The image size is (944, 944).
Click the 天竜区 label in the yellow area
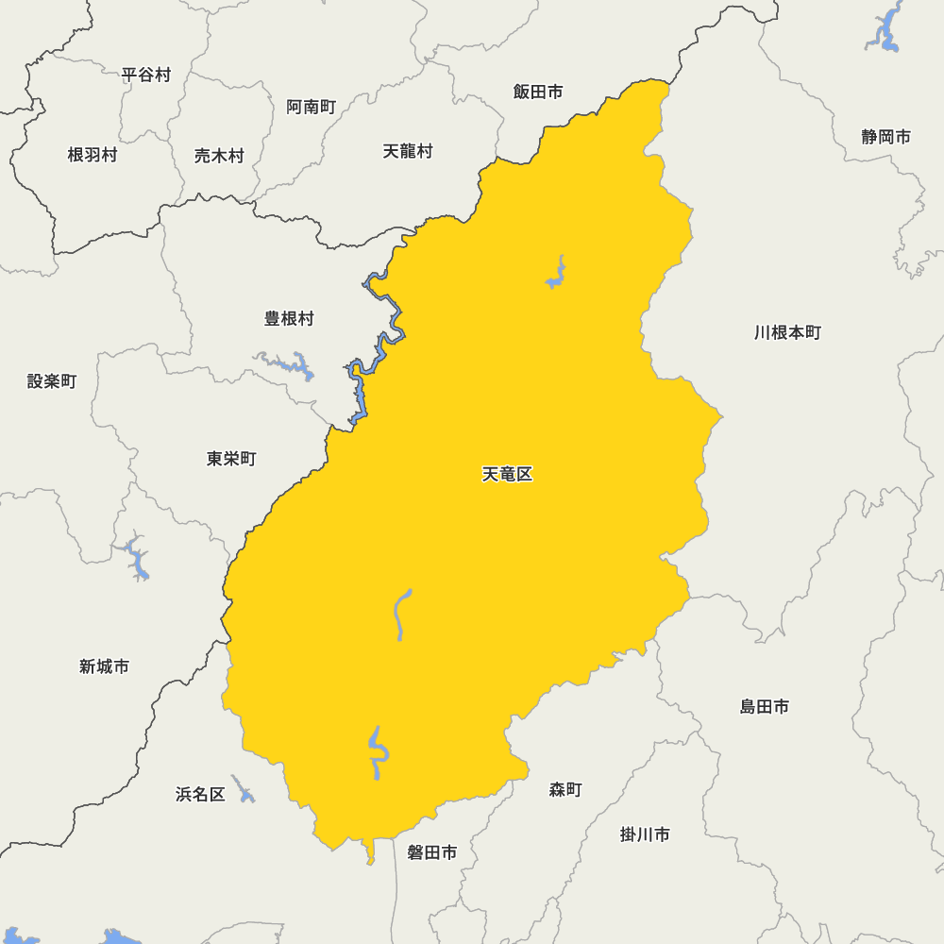click(x=508, y=475)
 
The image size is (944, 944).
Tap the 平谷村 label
click(x=146, y=75)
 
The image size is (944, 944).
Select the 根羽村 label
click(x=93, y=155)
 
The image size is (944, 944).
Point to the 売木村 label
click(x=219, y=156)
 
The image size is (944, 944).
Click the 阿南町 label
click(x=312, y=107)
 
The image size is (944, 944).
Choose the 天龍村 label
click(x=408, y=151)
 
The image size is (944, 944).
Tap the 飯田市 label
click(x=538, y=92)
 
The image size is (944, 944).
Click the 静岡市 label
click(x=886, y=137)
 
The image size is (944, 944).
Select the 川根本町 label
click(x=788, y=332)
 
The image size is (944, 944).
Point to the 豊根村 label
click(x=289, y=319)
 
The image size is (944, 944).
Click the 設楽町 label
click(x=52, y=381)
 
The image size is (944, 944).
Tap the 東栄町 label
click(x=231, y=459)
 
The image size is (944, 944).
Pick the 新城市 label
click(x=105, y=666)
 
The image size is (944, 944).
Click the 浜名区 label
click(x=200, y=794)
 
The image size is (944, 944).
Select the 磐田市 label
click(x=432, y=852)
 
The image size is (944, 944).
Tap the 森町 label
click(x=565, y=790)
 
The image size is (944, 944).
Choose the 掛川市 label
click(x=646, y=834)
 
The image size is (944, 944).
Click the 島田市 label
click(x=765, y=706)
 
